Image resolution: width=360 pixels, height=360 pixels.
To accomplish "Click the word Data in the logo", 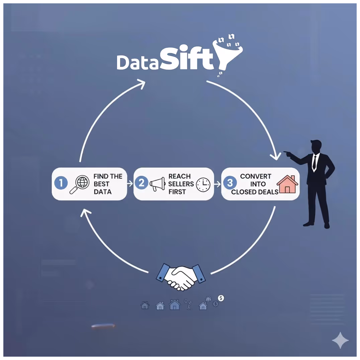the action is click(137, 62).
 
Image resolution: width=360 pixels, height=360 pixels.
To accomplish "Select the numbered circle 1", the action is click(61, 183).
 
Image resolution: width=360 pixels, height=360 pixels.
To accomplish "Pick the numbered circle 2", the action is click(142, 183).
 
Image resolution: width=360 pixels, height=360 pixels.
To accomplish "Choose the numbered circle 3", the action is click(230, 183).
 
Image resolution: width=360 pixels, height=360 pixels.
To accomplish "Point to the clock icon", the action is click(203, 184).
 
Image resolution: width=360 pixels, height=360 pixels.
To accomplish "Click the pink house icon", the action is click(287, 184).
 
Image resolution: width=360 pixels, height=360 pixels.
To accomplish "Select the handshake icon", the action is click(181, 276).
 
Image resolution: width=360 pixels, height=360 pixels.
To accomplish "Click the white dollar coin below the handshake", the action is click(221, 298).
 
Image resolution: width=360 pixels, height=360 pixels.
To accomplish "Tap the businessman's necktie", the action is click(314, 162).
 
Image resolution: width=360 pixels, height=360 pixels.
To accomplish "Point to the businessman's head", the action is click(316, 147).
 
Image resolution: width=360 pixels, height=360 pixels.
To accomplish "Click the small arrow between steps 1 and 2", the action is click(130, 183).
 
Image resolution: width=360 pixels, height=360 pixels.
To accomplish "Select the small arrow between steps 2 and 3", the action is click(217, 184).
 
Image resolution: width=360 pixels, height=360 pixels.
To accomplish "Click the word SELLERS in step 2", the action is click(181, 184).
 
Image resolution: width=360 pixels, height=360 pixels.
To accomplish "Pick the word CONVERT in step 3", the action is click(256, 176).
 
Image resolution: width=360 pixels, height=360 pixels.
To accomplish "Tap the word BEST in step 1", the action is click(101, 184).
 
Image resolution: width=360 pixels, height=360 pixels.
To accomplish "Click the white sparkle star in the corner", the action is click(340, 341).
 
